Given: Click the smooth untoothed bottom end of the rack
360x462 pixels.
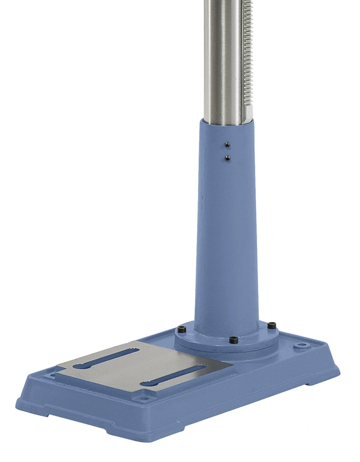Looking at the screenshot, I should [246, 115].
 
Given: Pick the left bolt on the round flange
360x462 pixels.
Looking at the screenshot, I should [182, 329].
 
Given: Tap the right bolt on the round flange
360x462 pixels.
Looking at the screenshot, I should [272, 325].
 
